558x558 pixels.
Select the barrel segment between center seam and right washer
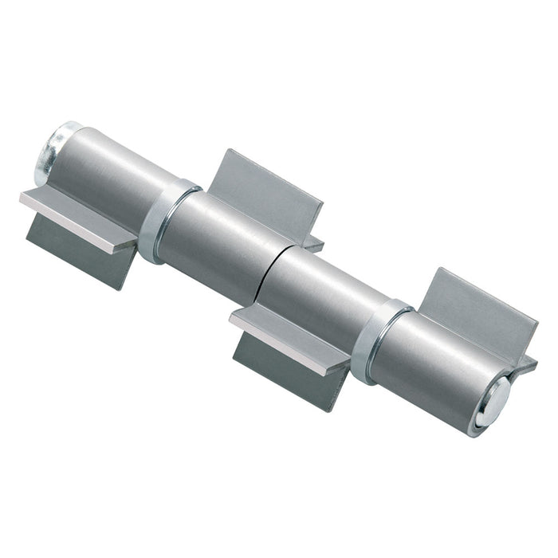click(x=319, y=299)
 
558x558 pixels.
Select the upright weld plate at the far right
click(x=478, y=311)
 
